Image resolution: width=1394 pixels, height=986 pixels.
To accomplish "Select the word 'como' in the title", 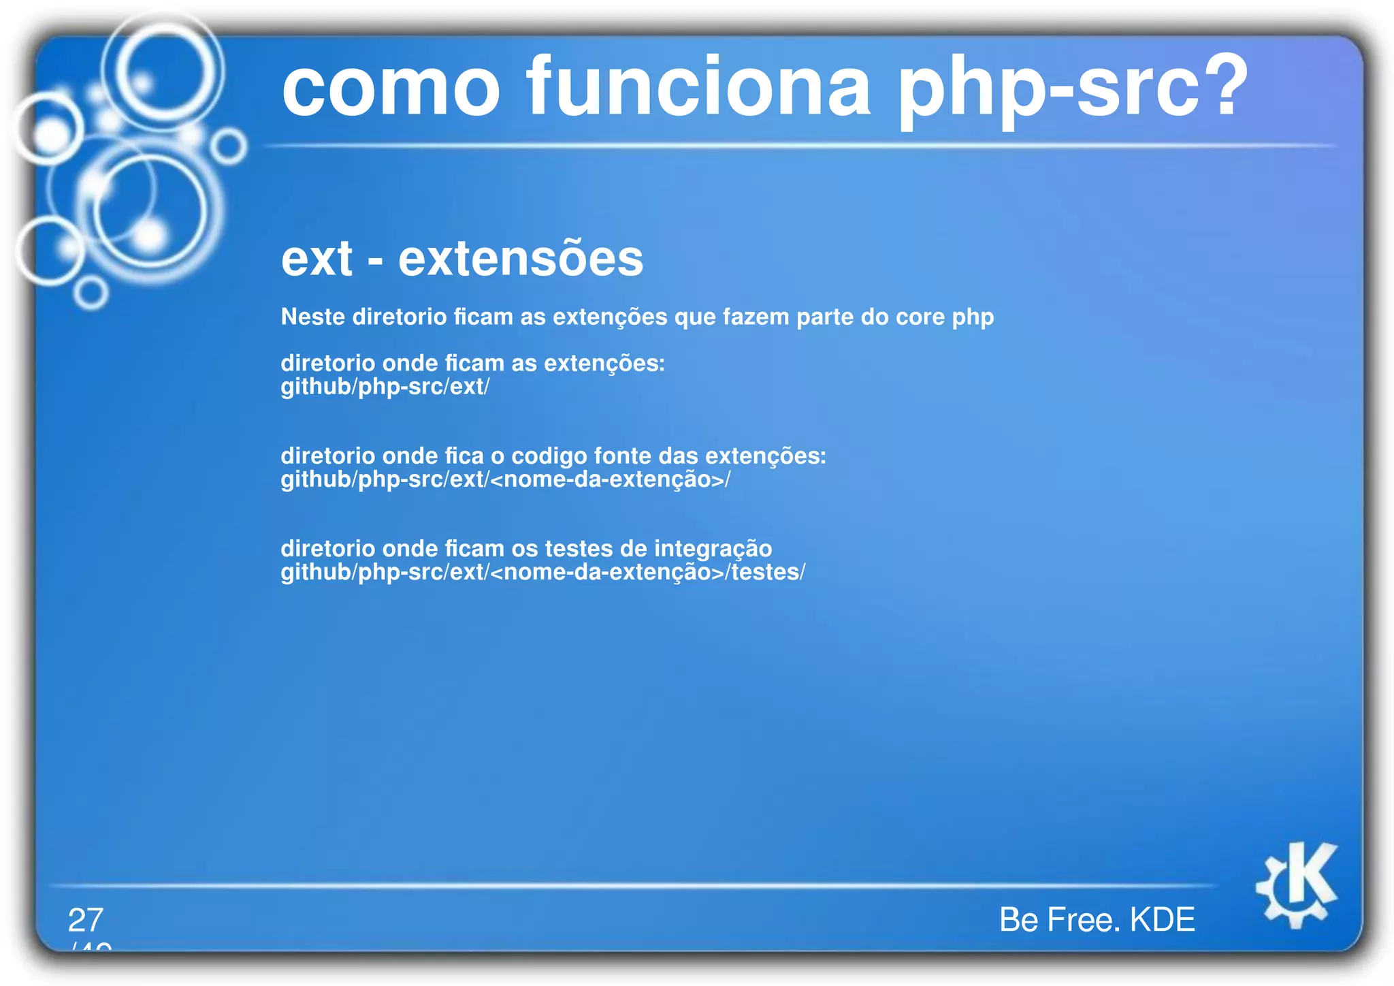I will (391, 89).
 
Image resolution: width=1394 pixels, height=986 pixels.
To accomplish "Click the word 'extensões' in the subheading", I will (521, 259).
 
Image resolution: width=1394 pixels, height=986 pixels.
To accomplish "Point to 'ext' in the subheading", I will (317, 259).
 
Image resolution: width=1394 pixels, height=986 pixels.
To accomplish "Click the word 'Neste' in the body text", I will (312, 317).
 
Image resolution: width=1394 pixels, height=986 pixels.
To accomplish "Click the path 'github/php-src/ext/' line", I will (385, 387).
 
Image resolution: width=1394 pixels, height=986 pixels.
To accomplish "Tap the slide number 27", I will (86, 920).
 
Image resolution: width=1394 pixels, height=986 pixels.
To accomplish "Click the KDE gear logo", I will (1296, 885).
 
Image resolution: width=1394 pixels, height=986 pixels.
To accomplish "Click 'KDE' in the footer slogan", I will (1162, 920).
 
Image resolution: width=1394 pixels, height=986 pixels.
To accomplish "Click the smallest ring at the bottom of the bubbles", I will (91, 293).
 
